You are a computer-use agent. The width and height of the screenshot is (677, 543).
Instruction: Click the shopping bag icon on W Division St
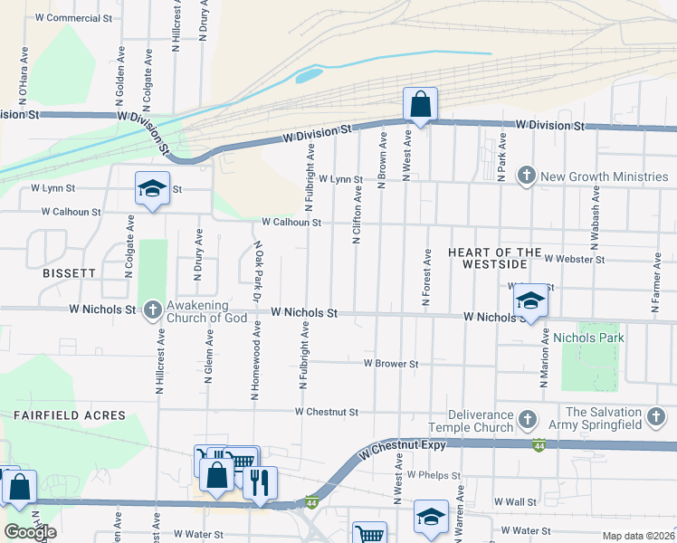[420, 105]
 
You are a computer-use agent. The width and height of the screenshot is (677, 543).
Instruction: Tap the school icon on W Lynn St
[152, 189]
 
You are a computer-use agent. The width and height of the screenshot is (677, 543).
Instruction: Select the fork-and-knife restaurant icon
[260, 485]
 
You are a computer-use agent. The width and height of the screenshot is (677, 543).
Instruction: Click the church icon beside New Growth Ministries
[526, 175]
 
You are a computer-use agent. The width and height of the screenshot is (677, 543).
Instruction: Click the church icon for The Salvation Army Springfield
[656, 418]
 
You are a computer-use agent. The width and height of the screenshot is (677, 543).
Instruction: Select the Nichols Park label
[588, 338]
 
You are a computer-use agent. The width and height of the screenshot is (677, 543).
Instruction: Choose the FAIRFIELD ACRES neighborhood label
[69, 414]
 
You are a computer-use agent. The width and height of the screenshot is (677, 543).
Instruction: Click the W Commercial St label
[73, 17]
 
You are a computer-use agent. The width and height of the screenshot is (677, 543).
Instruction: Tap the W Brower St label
[390, 363]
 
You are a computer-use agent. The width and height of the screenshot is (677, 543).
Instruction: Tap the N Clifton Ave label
[358, 215]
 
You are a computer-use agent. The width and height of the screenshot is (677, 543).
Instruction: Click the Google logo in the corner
[30, 532]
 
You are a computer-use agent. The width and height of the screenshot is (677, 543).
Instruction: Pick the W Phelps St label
[434, 474]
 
